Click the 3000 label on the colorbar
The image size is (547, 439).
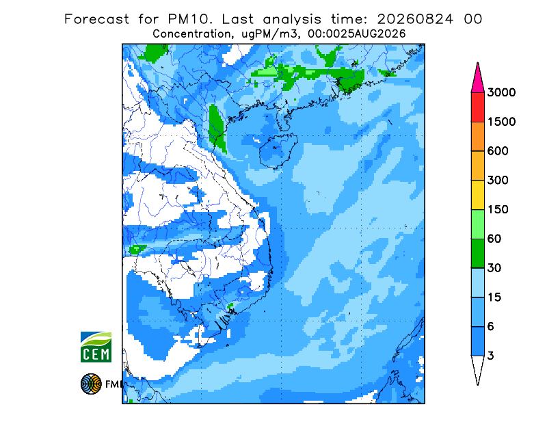pos(501,92)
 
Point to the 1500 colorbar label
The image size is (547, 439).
pos(501,122)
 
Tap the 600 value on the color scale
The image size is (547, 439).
pos(498,151)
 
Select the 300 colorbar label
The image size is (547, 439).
pos(498,181)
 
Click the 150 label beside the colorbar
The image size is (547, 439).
pos(498,210)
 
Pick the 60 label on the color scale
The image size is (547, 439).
pos(494,239)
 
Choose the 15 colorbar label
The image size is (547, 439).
pos(494,297)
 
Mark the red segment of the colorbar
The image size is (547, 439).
pos(477,107)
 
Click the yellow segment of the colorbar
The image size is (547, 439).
pos(477,195)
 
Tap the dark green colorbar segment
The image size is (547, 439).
pos(477,254)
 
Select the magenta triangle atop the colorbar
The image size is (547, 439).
pos(477,80)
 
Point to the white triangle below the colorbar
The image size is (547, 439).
pos(477,368)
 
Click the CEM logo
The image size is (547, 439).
pos(96,347)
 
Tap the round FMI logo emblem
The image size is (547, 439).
pos(91,384)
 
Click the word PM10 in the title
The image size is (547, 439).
pos(190,19)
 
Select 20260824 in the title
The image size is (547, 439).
pos(416,19)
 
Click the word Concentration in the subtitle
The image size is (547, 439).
pos(192,34)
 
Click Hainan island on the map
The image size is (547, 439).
pos(278,151)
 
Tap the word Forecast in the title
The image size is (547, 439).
pos(96,19)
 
